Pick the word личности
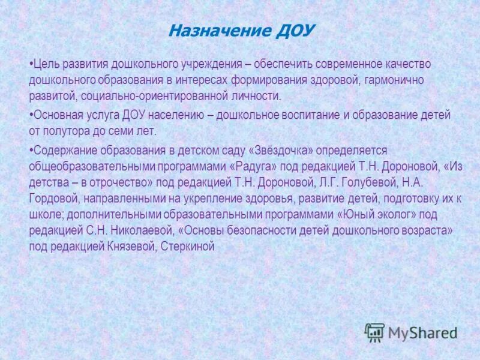tap(260, 96)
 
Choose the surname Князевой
tap(127, 246)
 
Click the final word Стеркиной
tap(188, 246)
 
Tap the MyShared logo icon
tap(374, 332)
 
